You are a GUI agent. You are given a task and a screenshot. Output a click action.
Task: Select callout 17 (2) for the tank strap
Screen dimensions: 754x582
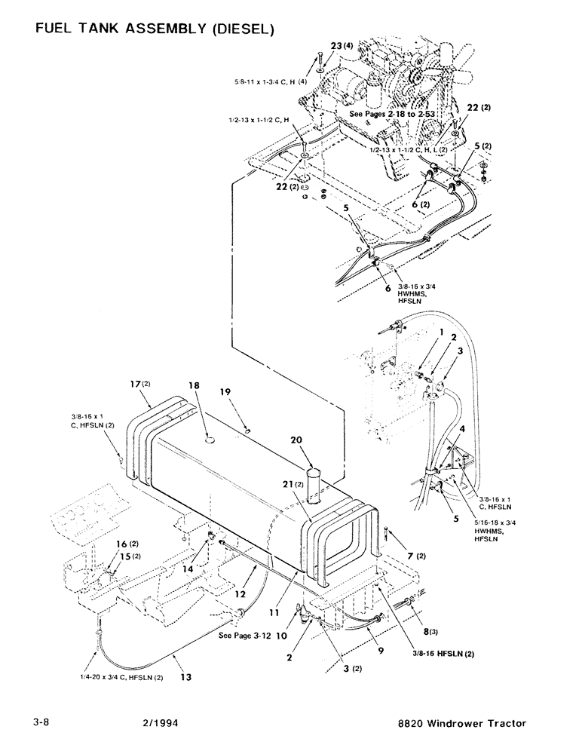coord(141,383)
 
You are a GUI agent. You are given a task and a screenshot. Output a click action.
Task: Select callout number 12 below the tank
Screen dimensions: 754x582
coord(240,594)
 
